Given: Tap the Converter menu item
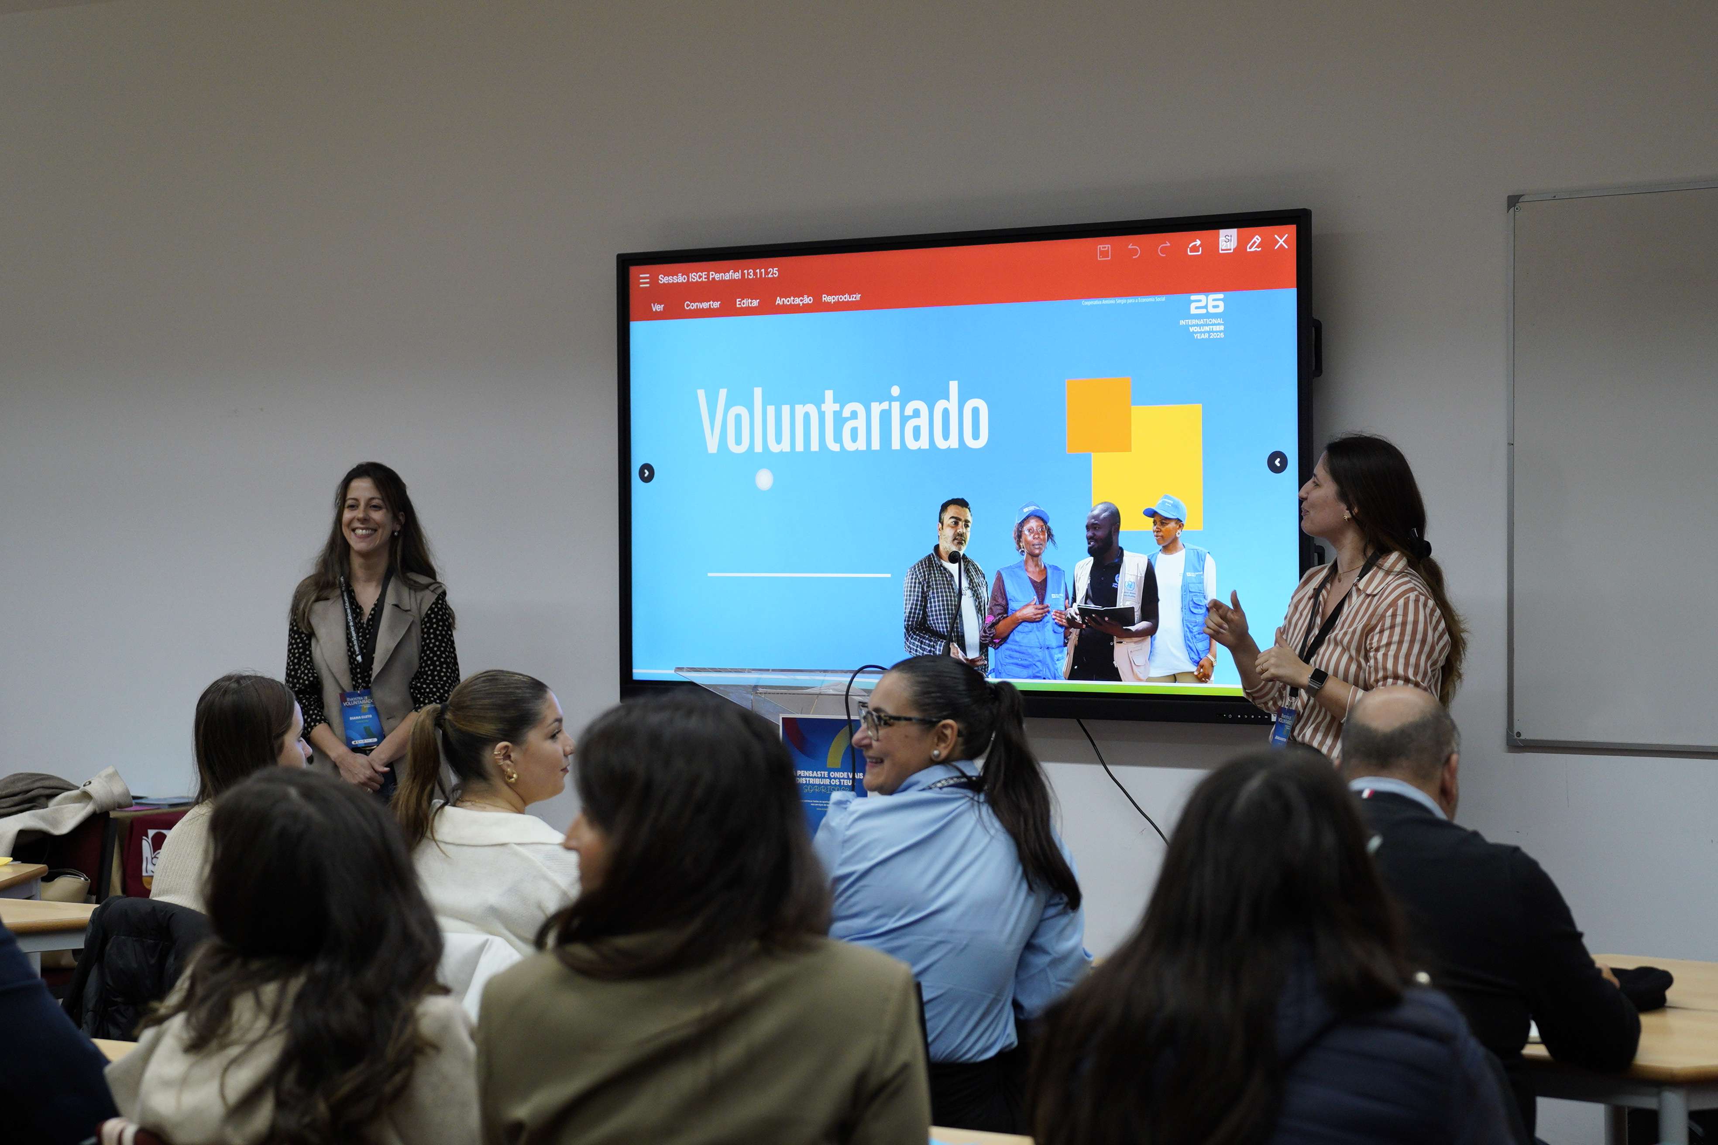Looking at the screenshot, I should pyautogui.click(x=702, y=305).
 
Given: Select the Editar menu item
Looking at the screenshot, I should pyautogui.click(x=747, y=302).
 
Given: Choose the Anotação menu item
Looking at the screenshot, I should pyautogui.click(x=793, y=300).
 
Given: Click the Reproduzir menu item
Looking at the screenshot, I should pyautogui.click(x=841, y=298).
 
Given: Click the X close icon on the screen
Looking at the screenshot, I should pyautogui.click(x=1281, y=242).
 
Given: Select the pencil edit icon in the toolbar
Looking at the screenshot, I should pyautogui.click(x=1254, y=244).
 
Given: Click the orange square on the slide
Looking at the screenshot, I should pyautogui.click(x=1098, y=415).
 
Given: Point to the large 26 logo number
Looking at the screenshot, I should pyautogui.click(x=1207, y=304).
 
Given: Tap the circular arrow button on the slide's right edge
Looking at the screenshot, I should pyautogui.click(x=1277, y=462).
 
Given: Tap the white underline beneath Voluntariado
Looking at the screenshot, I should pyautogui.click(x=798, y=575).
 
